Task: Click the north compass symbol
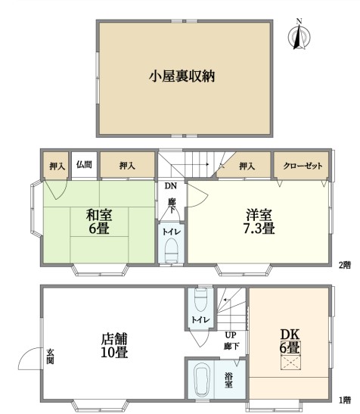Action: (299, 35)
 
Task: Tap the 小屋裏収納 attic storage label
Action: (182, 76)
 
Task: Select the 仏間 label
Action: (84, 165)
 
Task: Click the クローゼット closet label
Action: (303, 166)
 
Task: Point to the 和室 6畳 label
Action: (99, 222)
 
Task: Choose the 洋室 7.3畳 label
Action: (259, 221)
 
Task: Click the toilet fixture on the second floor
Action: (172, 251)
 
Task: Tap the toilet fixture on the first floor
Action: (201, 300)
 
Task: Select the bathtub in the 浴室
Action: (202, 379)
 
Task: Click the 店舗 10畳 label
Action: (114, 345)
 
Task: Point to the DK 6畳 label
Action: (290, 341)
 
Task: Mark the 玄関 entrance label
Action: (50, 356)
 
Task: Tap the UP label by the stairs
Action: (231, 335)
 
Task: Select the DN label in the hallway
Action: (171, 186)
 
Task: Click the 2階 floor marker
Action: (345, 265)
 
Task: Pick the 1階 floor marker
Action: (345, 400)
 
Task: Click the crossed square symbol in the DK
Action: (290, 363)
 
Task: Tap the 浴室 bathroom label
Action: (228, 380)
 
